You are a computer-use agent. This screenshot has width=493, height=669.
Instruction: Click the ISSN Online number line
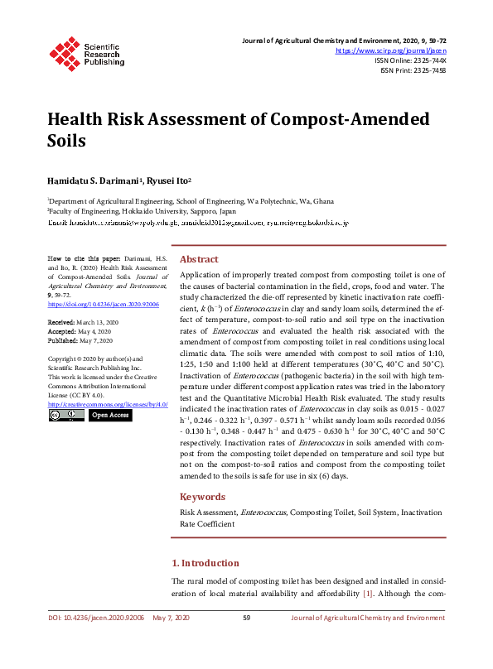pos(410,60)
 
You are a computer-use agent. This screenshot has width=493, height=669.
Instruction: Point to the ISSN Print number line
pos(413,70)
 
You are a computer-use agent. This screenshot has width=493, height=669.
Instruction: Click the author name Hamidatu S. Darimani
pos(94,179)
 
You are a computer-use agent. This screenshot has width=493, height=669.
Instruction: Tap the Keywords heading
pos(202,497)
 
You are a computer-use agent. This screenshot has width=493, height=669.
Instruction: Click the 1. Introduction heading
pos(205,563)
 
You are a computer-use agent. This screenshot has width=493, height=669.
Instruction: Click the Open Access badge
pos(109,415)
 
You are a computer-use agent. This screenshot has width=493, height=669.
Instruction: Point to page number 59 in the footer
pos(246,618)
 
